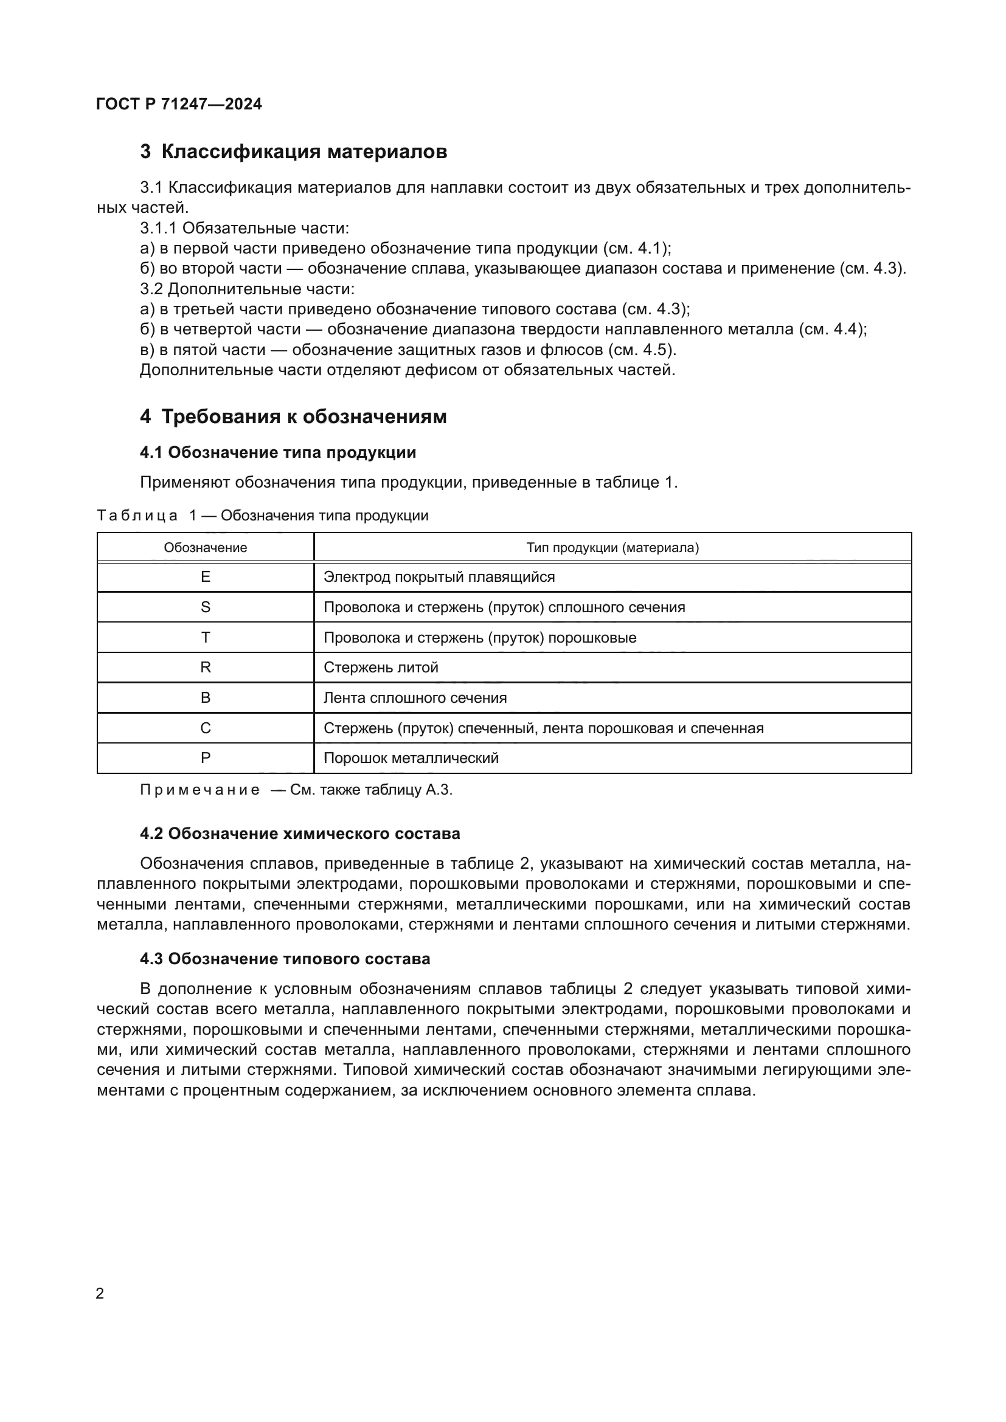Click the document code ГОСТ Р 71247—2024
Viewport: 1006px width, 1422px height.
[179, 104]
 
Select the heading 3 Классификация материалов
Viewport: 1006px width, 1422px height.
[294, 152]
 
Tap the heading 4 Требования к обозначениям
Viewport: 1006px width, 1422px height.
[293, 417]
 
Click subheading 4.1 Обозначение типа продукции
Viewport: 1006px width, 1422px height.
[278, 453]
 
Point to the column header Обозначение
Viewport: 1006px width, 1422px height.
[205, 548]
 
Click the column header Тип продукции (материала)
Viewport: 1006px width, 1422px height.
[612, 548]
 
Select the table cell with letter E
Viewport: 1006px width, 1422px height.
[205, 577]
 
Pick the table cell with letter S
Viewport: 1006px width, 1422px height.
[205, 607]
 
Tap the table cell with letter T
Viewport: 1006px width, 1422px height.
[205, 637]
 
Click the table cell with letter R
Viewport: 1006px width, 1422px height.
[205, 668]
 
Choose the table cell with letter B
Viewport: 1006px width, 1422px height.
[205, 698]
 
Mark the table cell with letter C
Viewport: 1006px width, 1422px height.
[205, 728]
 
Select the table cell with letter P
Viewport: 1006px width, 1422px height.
[205, 758]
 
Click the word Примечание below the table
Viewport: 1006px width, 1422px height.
[199, 790]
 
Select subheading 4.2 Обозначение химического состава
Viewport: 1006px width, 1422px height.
[300, 834]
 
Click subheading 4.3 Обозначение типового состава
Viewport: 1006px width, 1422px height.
[285, 959]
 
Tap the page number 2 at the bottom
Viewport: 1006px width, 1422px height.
[100, 1293]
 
